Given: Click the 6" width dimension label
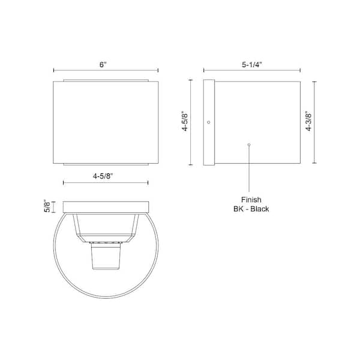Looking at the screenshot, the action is [x=103, y=65].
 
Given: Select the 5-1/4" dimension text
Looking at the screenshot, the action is [x=252, y=65].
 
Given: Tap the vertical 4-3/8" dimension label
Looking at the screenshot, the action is [x=309, y=121].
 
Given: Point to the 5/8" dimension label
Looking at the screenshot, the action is [x=47, y=206].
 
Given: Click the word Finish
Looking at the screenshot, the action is [x=251, y=200].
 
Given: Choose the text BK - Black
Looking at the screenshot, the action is [x=251, y=209].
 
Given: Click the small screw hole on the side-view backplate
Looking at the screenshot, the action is [x=208, y=122].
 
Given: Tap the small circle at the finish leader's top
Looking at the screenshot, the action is [x=249, y=145].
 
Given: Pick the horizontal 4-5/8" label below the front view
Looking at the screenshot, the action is [x=103, y=176].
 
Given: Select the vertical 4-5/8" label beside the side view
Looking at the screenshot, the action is [x=185, y=122].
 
